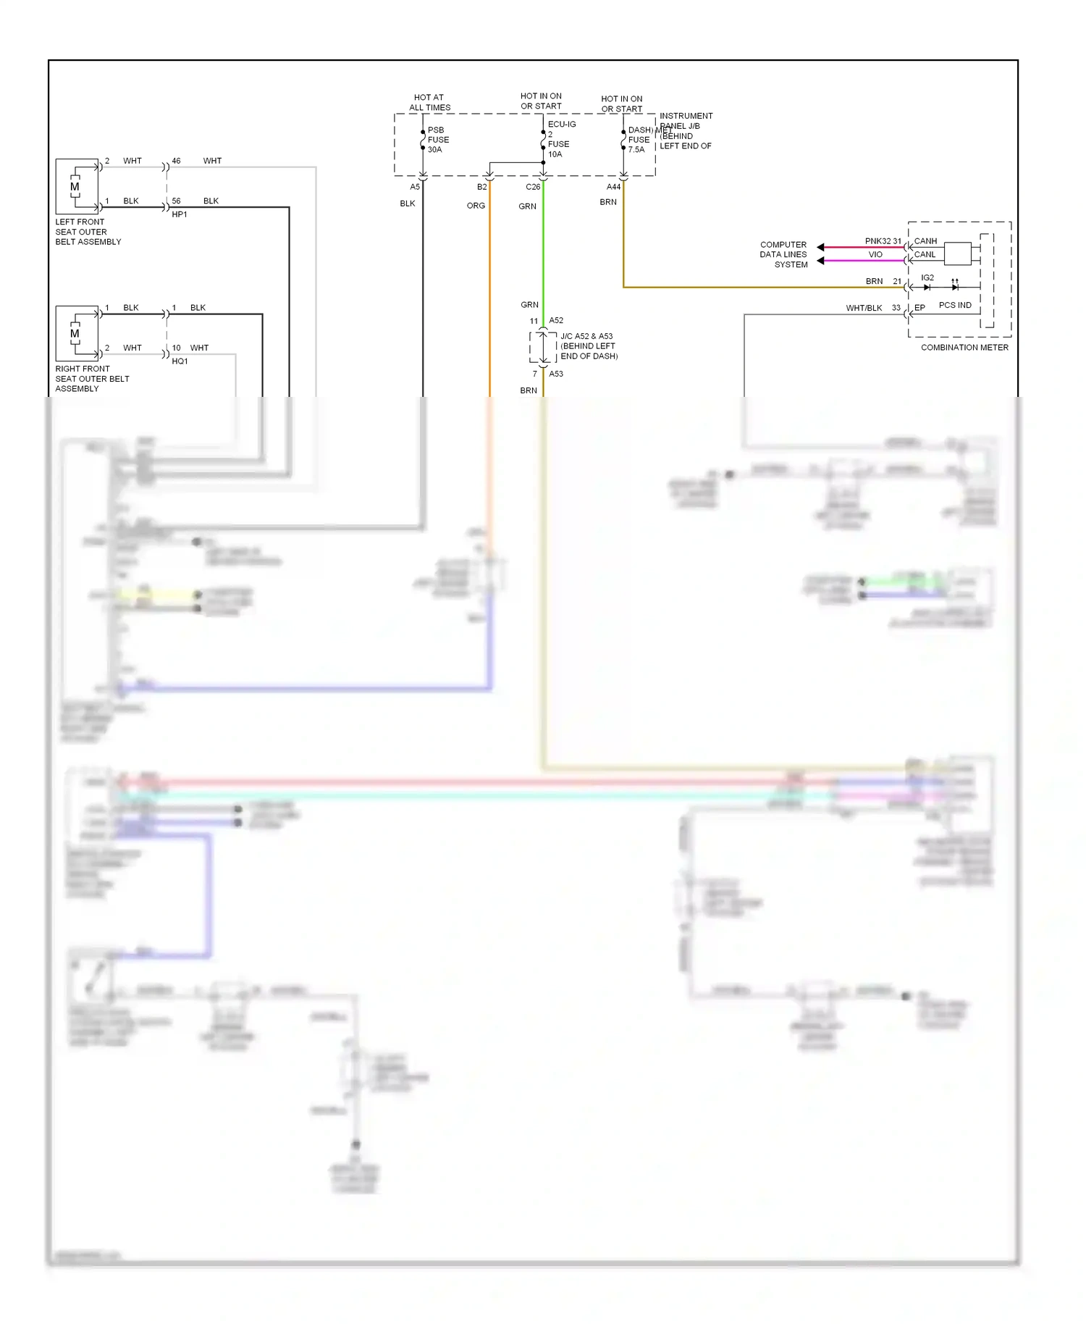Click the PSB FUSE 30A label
(x=437, y=140)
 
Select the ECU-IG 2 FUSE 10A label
(x=559, y=139)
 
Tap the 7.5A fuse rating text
(x=636, y=150)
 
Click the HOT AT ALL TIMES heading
(x=429, y=102)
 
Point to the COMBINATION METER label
(x=964, y=348)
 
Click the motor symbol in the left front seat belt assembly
(x=75, y=187)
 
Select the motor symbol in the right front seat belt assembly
(x=75, y=334)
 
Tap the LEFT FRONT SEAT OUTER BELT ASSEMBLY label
(x=88, y=232)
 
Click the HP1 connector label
(x=180, y=214)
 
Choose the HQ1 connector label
(x=180, y=361)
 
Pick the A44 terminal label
(x=613, y=187)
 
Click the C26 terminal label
(x=533, y=187)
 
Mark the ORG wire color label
(x=476, y=206)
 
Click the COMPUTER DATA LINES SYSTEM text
(x=783, y=254)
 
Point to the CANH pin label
(x=925, y=241)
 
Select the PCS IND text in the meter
(x=955, y=305)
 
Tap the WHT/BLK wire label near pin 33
(x=864, y=308)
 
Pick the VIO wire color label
(x=875, y=254)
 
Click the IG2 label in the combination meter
(x=927, y=278)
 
